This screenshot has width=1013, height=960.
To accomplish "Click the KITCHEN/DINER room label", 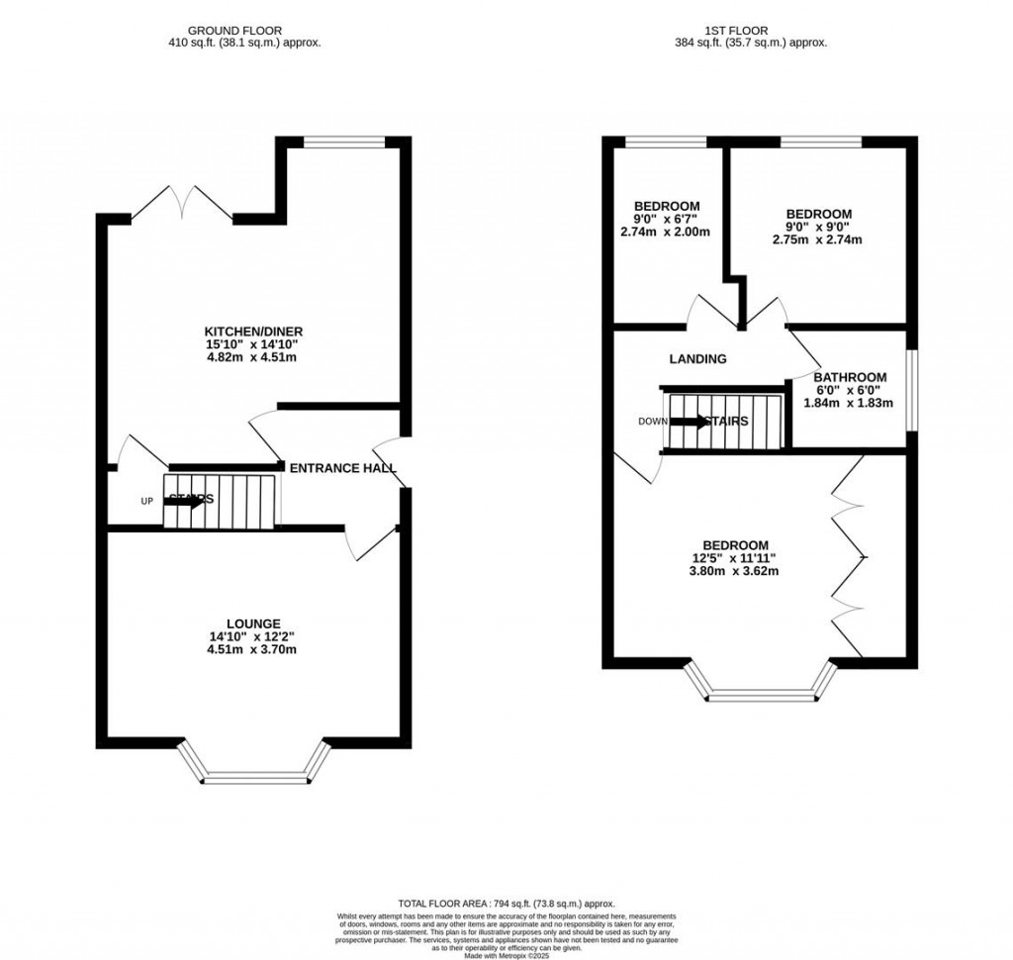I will [x=252, y=331].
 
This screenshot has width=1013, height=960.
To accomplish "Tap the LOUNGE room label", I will [x=252, y=624].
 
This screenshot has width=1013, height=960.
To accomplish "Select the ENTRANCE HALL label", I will [x=340, y=468].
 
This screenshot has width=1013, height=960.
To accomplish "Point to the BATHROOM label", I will [x=850, y=377].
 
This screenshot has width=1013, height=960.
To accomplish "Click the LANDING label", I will [x=697, y=359].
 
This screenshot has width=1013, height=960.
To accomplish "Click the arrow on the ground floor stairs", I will [x=184, y=502].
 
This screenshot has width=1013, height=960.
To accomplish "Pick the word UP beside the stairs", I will [x=146, y=502].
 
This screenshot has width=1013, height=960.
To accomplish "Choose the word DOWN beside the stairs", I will [x=652, y=422].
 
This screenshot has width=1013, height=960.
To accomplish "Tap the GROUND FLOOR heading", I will [x=245, y=31].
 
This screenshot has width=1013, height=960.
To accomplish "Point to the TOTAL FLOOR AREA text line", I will [x=506, y=904].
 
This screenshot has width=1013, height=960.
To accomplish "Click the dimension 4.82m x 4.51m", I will [x=252, y=357].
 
